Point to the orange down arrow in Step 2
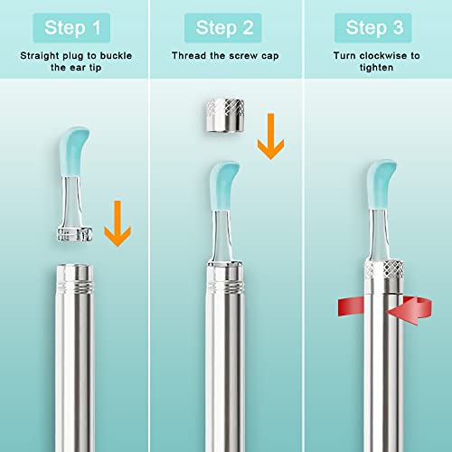(x=267, y=134)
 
